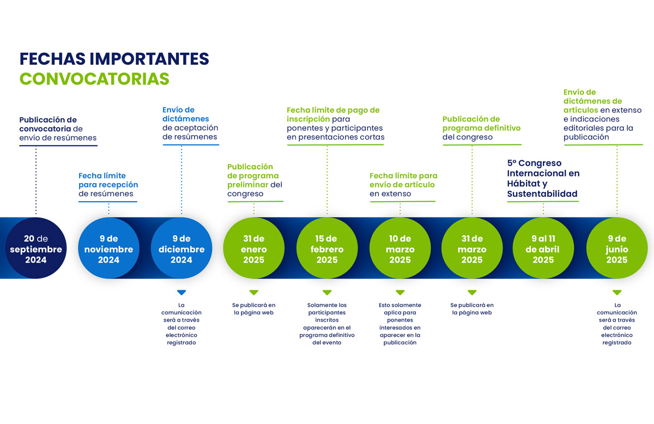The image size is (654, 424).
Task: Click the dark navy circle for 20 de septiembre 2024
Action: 36,248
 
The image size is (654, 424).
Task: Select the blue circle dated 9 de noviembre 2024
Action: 108,248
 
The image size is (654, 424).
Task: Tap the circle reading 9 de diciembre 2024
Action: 181,248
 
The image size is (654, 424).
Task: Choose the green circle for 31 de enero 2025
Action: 254,248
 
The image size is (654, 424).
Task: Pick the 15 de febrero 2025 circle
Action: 327,248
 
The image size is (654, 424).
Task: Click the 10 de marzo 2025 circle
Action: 400,248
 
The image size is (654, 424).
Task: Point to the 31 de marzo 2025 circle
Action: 472,248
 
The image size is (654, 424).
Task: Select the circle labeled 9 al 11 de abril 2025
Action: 543,248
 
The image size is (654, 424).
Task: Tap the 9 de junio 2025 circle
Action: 617,248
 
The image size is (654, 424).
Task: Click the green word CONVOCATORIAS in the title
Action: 94,79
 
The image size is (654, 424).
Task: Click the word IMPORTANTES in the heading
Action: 149,59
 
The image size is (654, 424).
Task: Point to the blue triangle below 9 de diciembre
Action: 181,292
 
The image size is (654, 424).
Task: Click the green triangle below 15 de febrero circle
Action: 327,292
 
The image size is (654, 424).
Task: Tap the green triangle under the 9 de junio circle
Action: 617,292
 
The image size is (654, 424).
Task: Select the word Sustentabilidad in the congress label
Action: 542,193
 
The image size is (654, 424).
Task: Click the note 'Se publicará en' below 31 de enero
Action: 254,305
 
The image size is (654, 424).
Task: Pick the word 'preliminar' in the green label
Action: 247,185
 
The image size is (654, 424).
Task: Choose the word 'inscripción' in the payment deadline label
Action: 308,119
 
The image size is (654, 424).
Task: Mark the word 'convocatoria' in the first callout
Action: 45,129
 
